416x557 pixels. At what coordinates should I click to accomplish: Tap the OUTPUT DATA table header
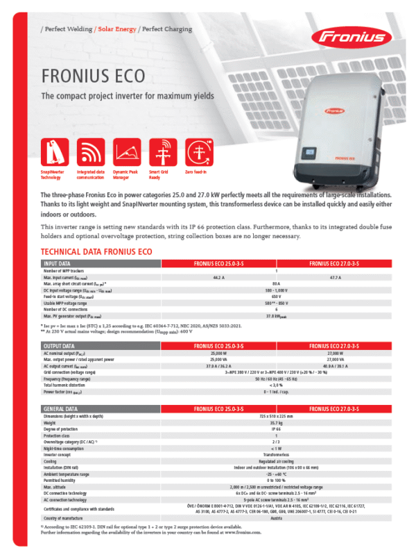59,345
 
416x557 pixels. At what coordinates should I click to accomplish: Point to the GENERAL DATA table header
60,409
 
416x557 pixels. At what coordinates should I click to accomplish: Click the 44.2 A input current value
218,277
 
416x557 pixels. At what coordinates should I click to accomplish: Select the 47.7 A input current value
334,277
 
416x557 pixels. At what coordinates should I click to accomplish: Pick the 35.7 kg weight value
277,422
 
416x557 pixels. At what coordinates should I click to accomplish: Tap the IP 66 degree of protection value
277,429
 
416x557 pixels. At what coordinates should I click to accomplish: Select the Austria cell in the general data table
277,518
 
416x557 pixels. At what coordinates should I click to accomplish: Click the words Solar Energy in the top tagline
116,29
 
